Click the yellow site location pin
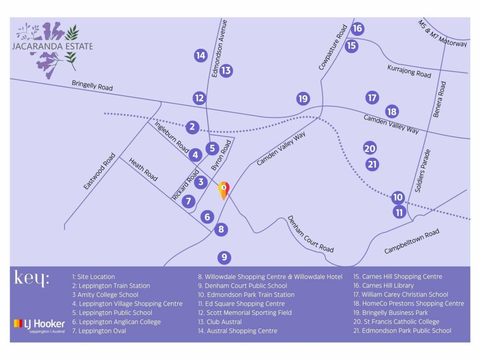[x=224, y=189]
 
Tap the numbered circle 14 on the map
[x=201, y=55]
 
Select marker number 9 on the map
[x=225, y=257]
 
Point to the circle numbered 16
[x=357, y=29]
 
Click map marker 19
[x=303, y=98]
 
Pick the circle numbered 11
[x=399, y=212]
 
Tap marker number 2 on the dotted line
[x=192, y=127]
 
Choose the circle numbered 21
[x=373, y=165]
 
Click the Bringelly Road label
[x=92, y=85]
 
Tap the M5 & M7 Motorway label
[x=442, y=33]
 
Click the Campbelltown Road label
[x=412, y=241]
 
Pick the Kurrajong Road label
[x=409, y=71]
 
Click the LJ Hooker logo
[x=39, y=324]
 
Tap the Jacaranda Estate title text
[x=52, y=46]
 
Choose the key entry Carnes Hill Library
[x=383, y=285]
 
